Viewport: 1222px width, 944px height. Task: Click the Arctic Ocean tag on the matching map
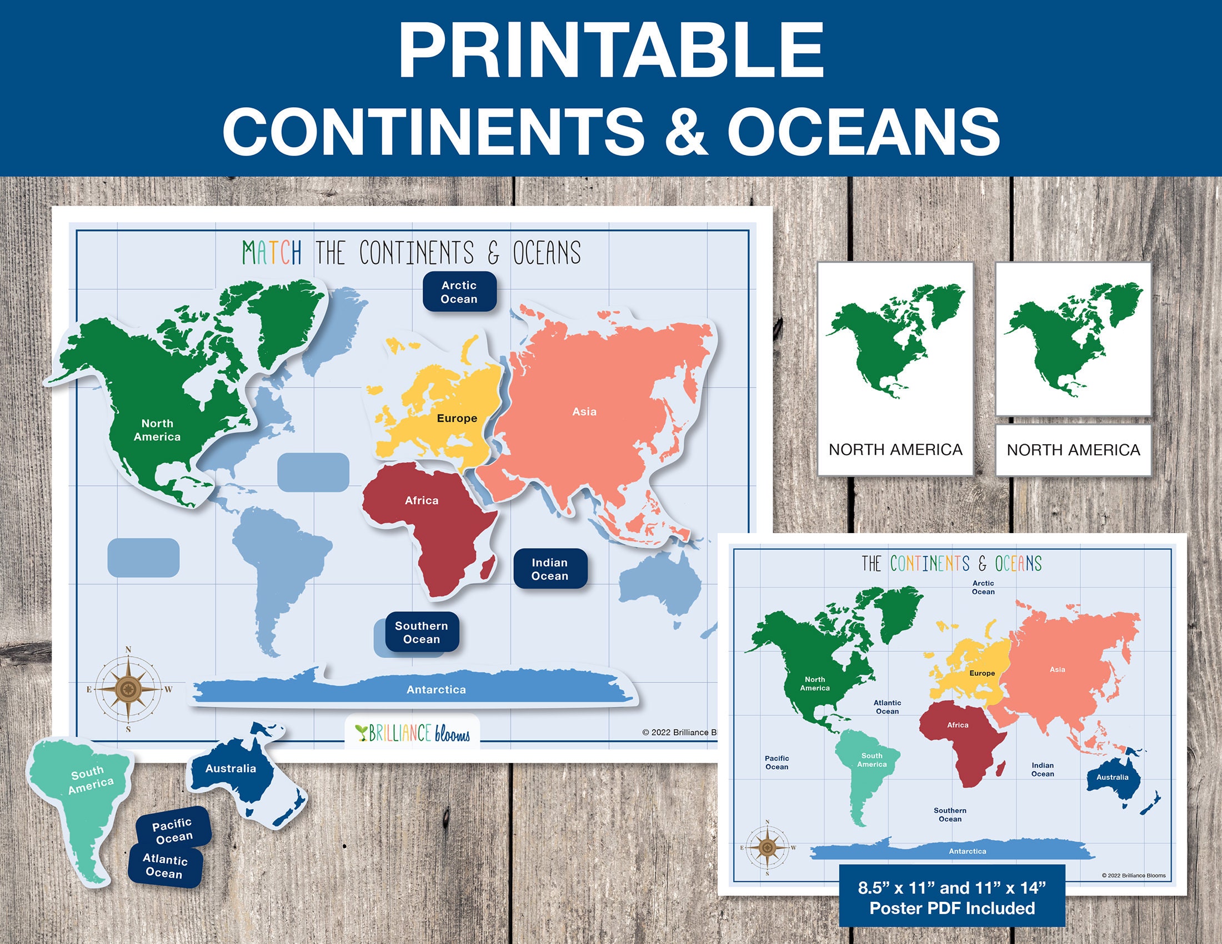tap(459, 292)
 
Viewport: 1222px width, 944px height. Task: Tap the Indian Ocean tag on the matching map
tap(550, 569)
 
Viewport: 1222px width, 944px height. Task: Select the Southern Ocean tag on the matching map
tap(422, 632)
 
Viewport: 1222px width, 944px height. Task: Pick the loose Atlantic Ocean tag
tap(164, 866)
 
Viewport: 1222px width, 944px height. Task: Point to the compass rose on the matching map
tap(128, 689)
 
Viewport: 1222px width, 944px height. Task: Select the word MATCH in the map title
tap(272, 253)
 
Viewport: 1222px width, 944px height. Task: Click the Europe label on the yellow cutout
tap(457, 418)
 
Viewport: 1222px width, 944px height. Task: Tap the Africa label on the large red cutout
tap(422, 500)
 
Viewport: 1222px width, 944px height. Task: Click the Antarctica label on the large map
tap(436, 690)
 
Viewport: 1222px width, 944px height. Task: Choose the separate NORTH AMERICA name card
tap(1073, 450)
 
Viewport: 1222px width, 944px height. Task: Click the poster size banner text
tap(951, 897)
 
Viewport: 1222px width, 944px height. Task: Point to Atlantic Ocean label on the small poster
tap(888, 707)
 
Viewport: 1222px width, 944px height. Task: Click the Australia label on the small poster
tap(1113, 777)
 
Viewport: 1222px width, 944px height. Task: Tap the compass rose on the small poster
tap(767, 848)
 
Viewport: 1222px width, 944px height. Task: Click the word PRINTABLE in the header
tap(610, 51)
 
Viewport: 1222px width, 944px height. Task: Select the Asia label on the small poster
tap(1058, 670)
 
